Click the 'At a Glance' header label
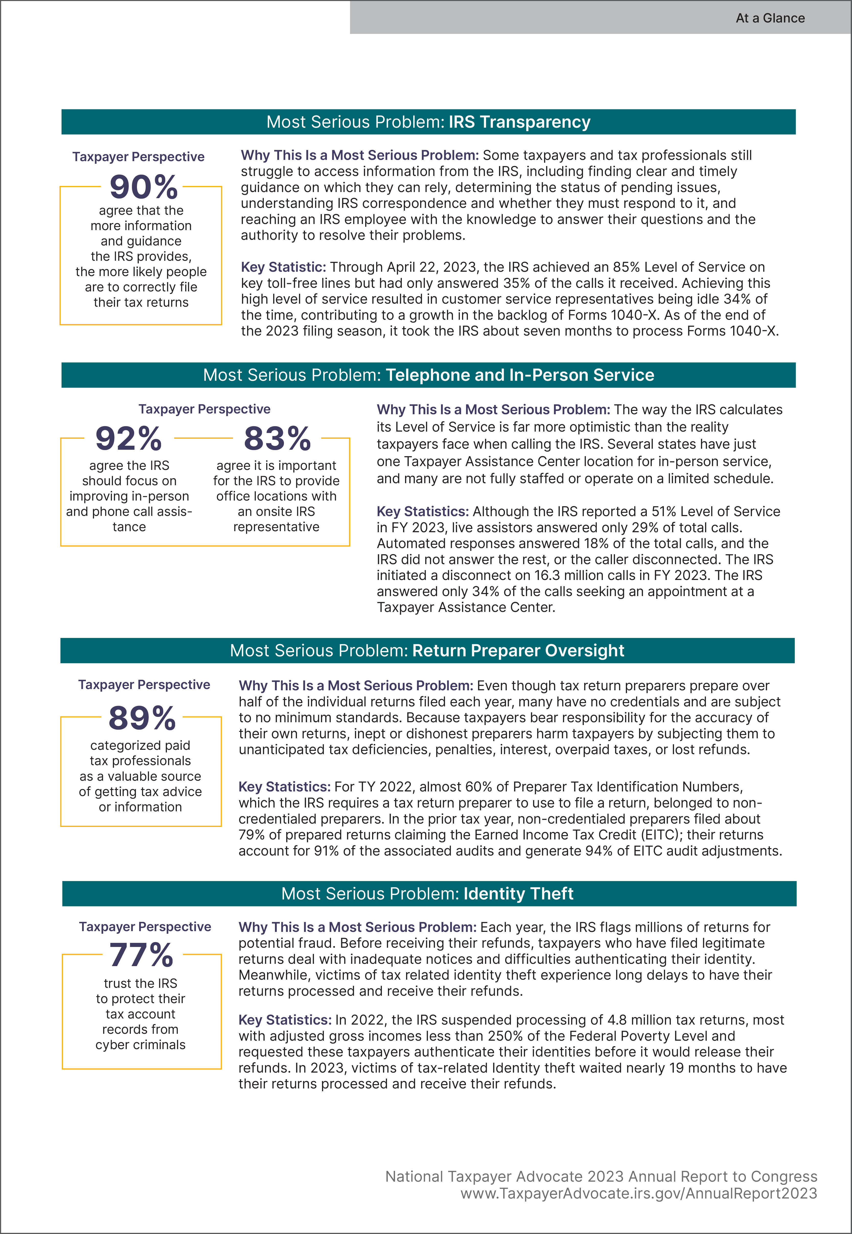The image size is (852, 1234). point(770,18)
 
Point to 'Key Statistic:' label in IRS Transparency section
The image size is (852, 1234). point(283,267)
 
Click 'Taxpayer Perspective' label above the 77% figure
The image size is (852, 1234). point(145,927)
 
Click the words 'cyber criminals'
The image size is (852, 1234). point(140,1045)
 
